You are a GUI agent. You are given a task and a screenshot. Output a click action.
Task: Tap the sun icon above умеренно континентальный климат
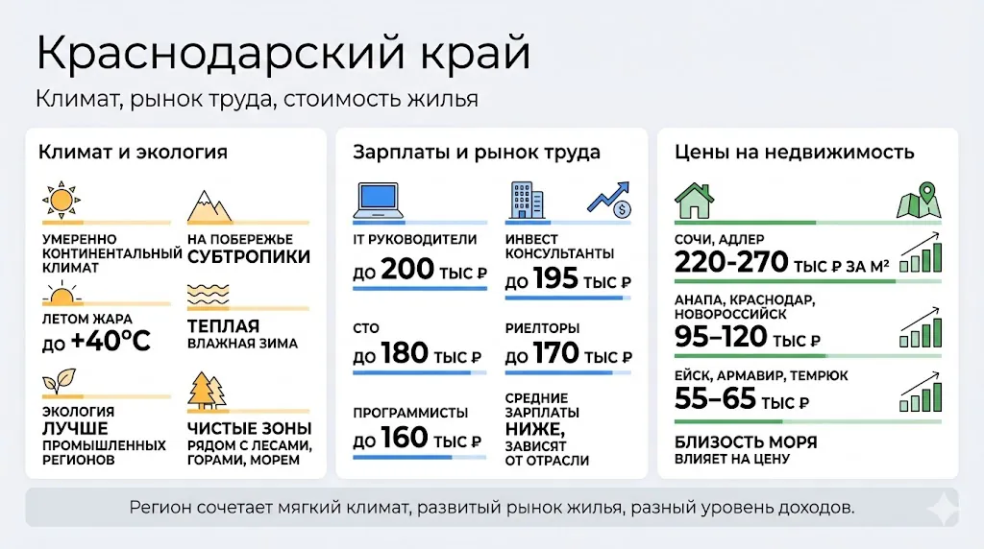point(61,201)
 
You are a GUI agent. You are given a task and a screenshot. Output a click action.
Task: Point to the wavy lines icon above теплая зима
point(207,293)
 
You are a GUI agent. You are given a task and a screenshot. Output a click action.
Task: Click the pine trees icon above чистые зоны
point(207,389)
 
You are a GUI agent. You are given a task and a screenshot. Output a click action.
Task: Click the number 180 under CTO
point(405,354)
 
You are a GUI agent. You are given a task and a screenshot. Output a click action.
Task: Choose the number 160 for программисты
point(405,439)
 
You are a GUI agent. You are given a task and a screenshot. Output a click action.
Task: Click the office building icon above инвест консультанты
point(525,200)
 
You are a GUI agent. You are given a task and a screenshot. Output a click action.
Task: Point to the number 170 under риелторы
point(555,354)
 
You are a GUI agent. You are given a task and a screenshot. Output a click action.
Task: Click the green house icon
point(693,202)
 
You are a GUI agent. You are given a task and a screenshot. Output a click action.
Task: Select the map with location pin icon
point(919,202)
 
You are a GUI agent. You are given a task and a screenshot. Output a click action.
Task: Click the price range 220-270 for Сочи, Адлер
point(731,262)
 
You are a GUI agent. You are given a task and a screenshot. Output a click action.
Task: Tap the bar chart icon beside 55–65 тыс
point(920,394)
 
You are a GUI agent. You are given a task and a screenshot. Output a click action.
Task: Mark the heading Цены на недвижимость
point(794,152)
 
